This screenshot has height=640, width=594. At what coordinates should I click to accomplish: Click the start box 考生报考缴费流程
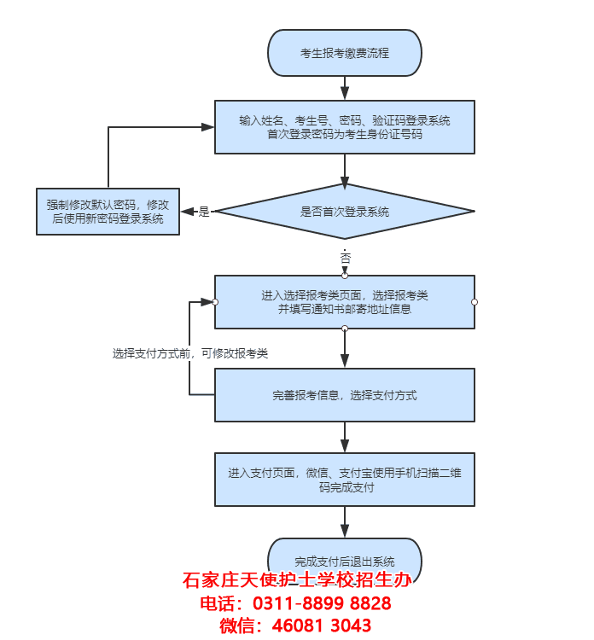344,53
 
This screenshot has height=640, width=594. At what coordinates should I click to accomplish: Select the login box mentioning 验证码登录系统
344,127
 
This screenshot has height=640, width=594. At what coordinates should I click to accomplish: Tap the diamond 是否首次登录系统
344,212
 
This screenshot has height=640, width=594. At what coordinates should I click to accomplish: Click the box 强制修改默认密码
108,212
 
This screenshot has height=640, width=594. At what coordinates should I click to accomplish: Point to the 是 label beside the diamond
204,212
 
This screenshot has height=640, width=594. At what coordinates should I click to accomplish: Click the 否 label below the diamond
345,258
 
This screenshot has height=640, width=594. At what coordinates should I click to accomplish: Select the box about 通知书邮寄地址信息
344,302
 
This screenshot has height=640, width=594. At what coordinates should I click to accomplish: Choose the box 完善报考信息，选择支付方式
344,395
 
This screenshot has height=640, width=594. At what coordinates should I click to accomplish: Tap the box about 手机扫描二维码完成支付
344,480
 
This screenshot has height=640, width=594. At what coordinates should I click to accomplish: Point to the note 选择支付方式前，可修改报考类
190,352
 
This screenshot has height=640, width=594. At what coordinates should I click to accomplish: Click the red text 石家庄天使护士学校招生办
297,581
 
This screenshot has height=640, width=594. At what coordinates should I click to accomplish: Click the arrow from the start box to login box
345,88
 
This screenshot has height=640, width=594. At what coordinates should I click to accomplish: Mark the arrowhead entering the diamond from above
345,182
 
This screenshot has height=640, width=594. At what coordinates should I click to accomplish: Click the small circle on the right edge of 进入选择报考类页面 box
475,302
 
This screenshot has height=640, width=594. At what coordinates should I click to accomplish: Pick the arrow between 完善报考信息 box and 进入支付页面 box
345,438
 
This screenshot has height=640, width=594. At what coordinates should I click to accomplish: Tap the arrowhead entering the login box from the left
207,127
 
